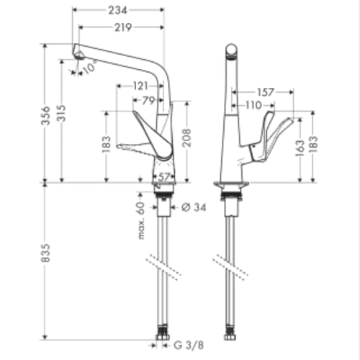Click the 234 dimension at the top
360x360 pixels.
[x=118, y=10]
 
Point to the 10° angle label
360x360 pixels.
[x=89, y=68]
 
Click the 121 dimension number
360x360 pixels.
[x=142, y=86]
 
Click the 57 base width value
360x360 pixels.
[x=164, y=176]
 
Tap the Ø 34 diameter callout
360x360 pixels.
[x=191, y=207]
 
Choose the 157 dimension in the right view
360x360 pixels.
[x=266, y=91]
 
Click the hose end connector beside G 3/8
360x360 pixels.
[x=161, y=336]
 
